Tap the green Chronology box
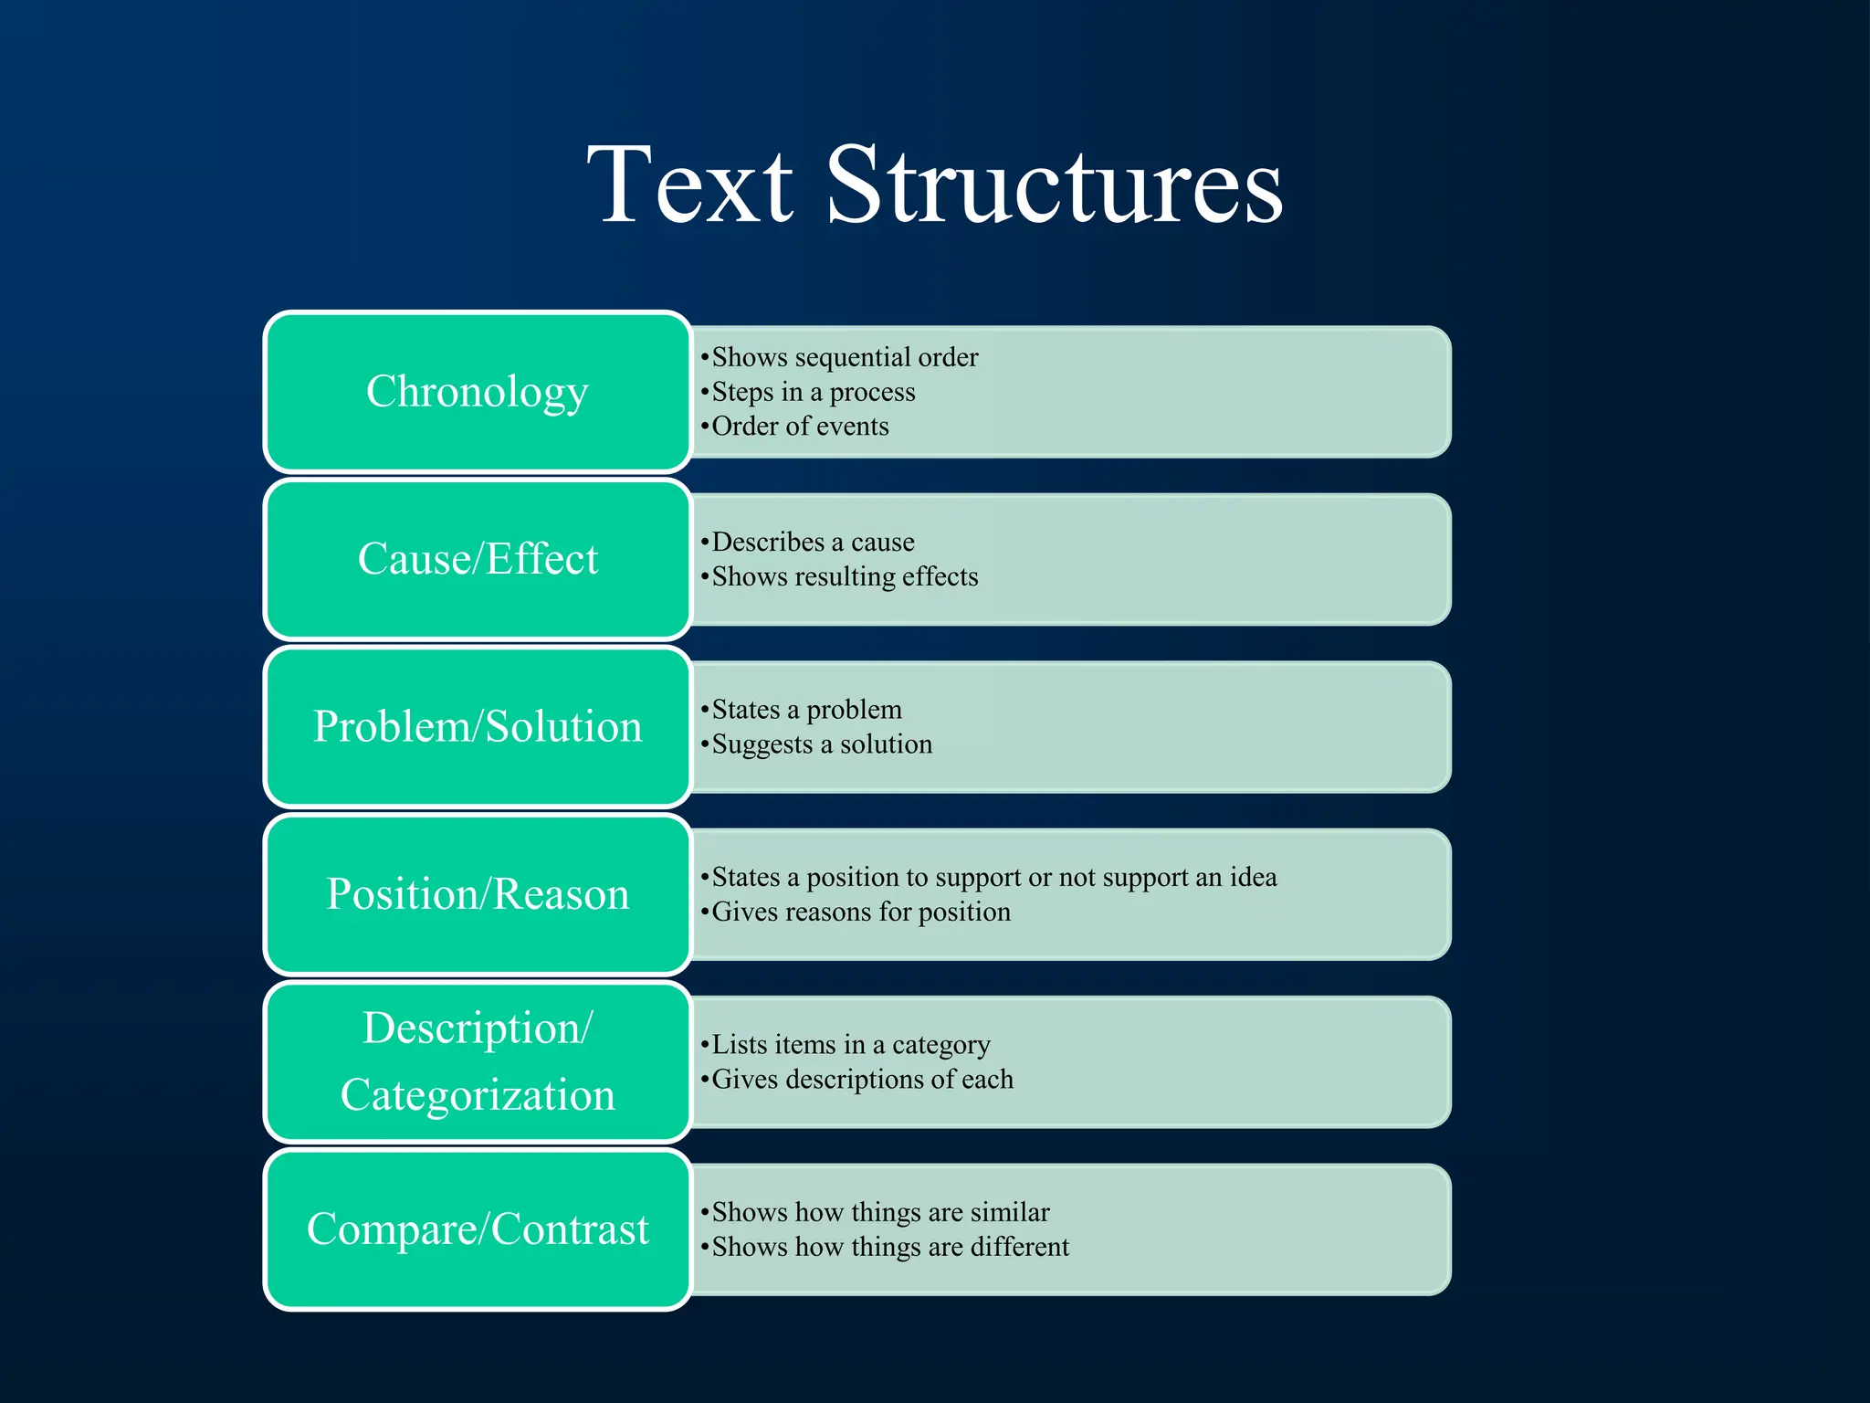click(478, 392)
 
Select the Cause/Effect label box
click(478, 559)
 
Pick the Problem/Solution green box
click(478, 727)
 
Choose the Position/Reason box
click(478, 894)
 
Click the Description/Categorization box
click(478, 1061)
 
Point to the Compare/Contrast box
click(478, 1229)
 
